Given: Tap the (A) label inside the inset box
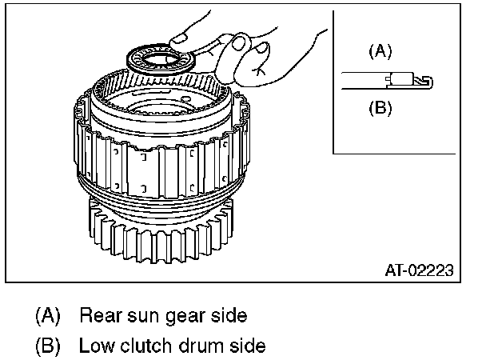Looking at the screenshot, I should [380, 52].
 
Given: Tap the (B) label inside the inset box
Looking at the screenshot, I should [380, 107].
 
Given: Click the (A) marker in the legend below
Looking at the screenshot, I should [48, 315].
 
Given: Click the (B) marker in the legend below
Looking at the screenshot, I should [48, 346].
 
